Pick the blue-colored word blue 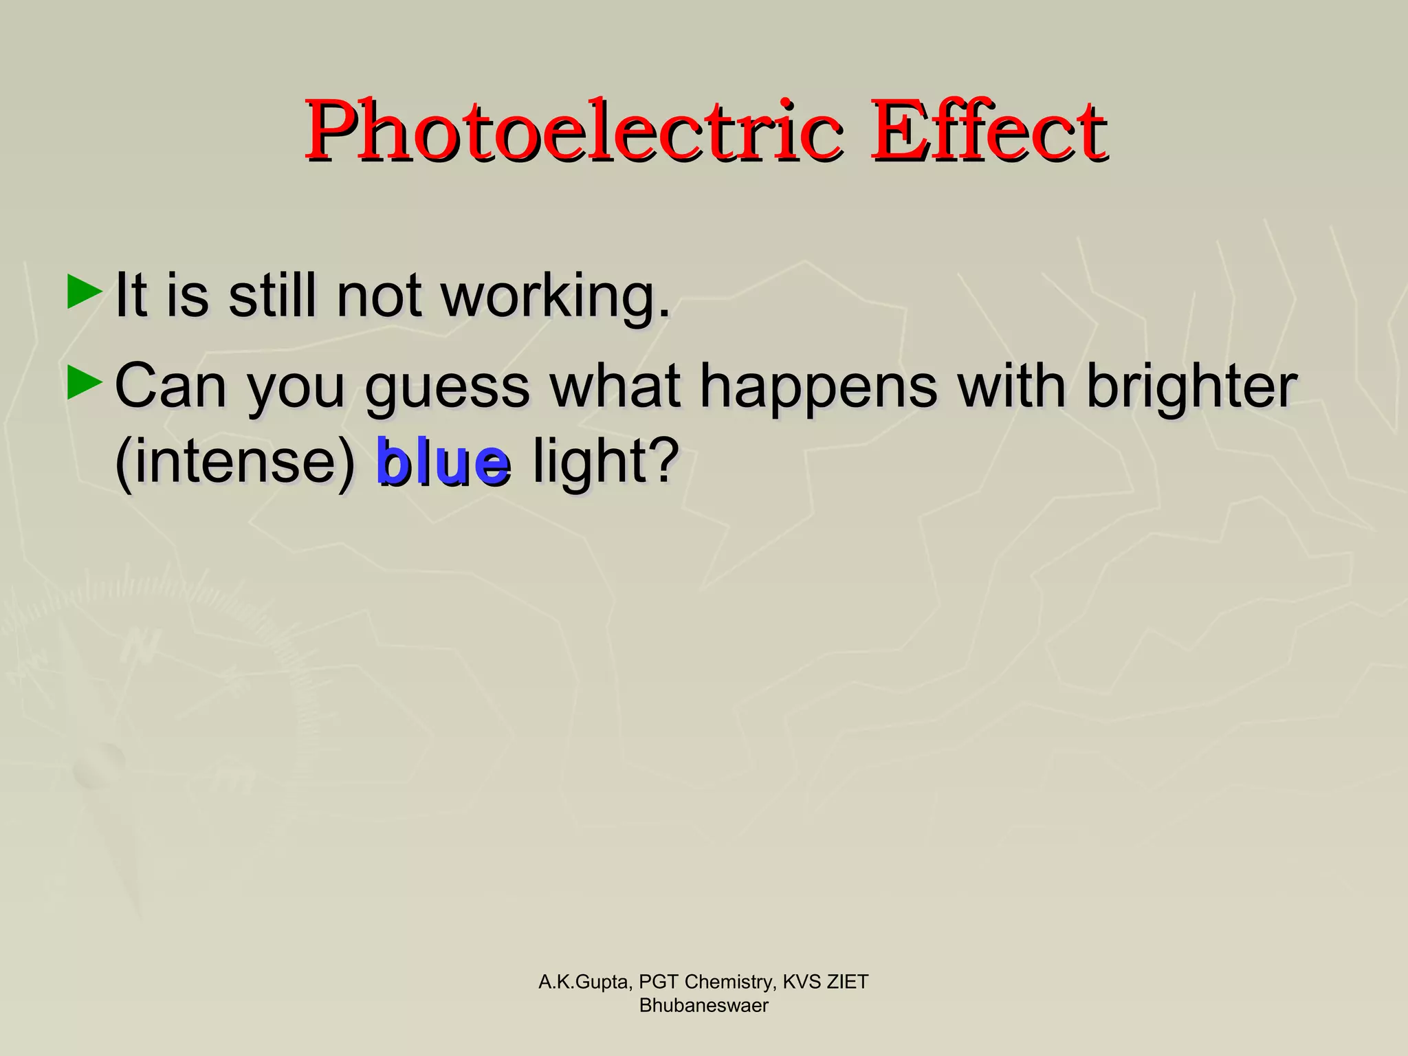(x=443, y=462)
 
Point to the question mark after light (x=663, y=459)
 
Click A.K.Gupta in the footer (x=582, y=982)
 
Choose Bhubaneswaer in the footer (x=703, y=1006)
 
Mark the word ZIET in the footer (x=847, y=982)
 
